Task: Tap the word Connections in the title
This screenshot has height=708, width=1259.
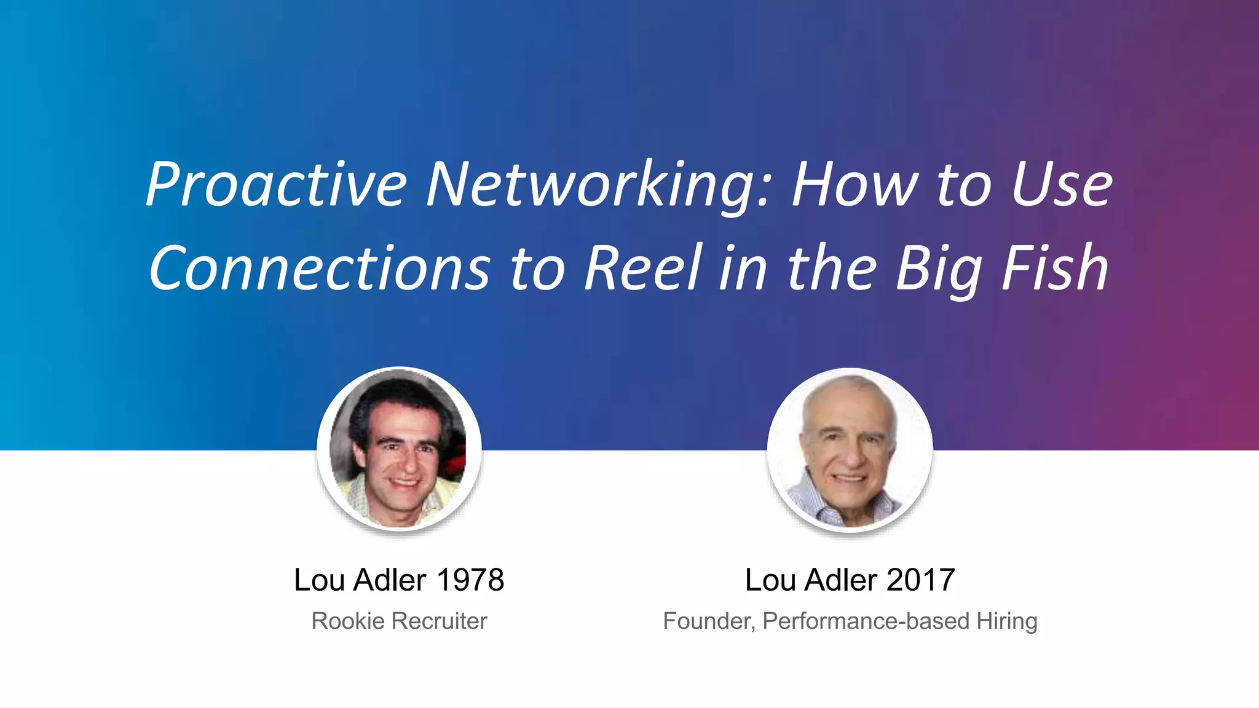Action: pyautogui.click(x=320, y=268)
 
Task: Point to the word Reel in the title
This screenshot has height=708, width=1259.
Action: pyautogui.click(x=643, y=268)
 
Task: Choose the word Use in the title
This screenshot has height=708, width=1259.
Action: pyautogui.click(x=1062, y=184)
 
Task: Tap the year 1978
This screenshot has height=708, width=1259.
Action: pyautogui.click(x=470, y=580)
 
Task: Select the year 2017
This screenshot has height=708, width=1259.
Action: pyautogui.click(x=921, y=580)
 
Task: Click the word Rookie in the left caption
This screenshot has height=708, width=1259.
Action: pyautogui.click(x=348, y=621)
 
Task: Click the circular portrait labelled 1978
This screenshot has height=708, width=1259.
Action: pyautogui.click(x=399, y=449)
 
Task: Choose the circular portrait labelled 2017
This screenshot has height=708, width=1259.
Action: pyautogui.click(x=850, y=449)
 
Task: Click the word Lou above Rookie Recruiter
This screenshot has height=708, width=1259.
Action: pyautogui.click(x=320, y=580)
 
